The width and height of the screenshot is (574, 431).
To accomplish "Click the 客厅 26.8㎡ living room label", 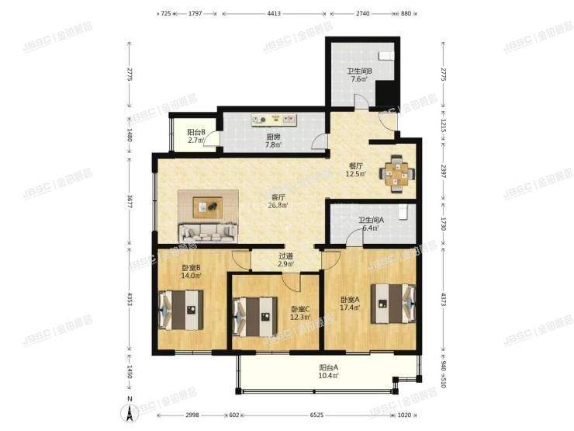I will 278,201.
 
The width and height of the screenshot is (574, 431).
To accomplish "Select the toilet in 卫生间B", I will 386,56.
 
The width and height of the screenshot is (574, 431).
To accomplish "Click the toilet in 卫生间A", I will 403,212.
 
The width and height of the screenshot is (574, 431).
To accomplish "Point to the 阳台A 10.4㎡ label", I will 329,371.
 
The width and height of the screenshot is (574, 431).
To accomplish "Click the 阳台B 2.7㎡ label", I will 196,137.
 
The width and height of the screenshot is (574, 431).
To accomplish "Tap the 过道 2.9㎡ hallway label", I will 285,260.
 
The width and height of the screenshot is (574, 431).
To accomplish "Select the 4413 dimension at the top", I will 274,14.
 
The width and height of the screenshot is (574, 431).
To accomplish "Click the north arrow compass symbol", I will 130,411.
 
